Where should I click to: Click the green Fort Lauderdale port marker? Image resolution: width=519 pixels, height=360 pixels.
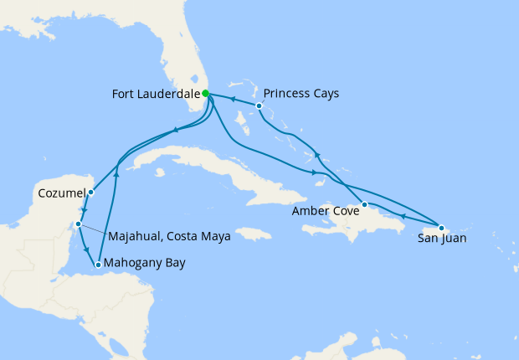click(x=206, y=94)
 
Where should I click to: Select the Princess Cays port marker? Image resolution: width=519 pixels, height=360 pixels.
click(x=259, y=106)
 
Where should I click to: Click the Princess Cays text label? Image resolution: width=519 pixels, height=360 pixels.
click(x=301, y=94)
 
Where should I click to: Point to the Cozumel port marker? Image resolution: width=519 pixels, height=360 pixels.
click(x=90, y=193)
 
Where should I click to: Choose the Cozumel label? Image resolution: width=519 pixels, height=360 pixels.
click(x=62, y=193)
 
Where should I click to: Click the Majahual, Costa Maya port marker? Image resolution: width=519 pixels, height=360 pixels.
click(x=78, y=224)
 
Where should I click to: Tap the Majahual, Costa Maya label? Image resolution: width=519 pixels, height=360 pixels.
click(x=167, y=236)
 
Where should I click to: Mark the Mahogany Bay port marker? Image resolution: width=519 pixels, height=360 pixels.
click(x=99, y=265)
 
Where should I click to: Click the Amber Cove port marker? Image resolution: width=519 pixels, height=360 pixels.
click(x=364, y=204)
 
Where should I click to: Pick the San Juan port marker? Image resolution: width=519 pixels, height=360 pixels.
click(x=441, y=227)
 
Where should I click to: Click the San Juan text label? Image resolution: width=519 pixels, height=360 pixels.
click(x=442, y=239)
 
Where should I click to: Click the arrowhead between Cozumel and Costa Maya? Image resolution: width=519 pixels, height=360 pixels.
click(x=85, y=210)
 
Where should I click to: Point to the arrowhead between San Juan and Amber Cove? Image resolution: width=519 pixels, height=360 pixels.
click(x=403, y=216)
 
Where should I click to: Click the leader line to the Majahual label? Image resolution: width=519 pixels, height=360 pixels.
click(x=95, y=229)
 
